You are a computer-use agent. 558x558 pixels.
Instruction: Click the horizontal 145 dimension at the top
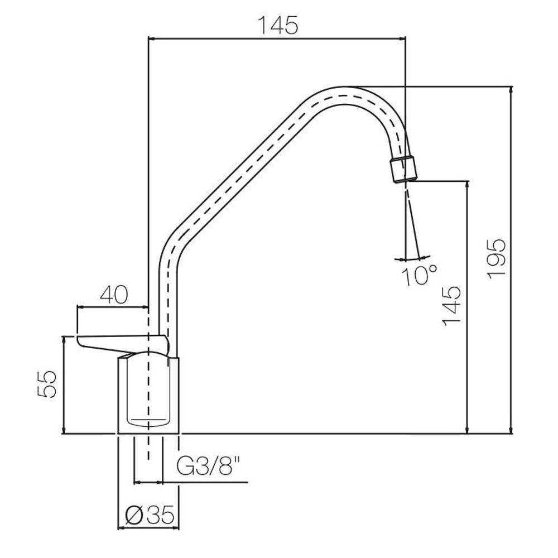click(277, 26)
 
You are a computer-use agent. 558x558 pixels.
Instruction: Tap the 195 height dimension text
click(497, 259)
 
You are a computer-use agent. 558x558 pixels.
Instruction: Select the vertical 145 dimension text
click(451, 306)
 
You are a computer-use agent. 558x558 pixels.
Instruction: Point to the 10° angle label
click(419, 275)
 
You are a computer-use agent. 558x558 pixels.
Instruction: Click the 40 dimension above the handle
click(113, 295)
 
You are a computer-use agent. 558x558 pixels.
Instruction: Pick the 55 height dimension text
click(47, 384)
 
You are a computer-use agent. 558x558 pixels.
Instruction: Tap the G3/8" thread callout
click(209, 466)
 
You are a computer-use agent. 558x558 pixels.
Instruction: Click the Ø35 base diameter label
click(150, 514)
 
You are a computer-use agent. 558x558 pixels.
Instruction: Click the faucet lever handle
click(122, 343)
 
